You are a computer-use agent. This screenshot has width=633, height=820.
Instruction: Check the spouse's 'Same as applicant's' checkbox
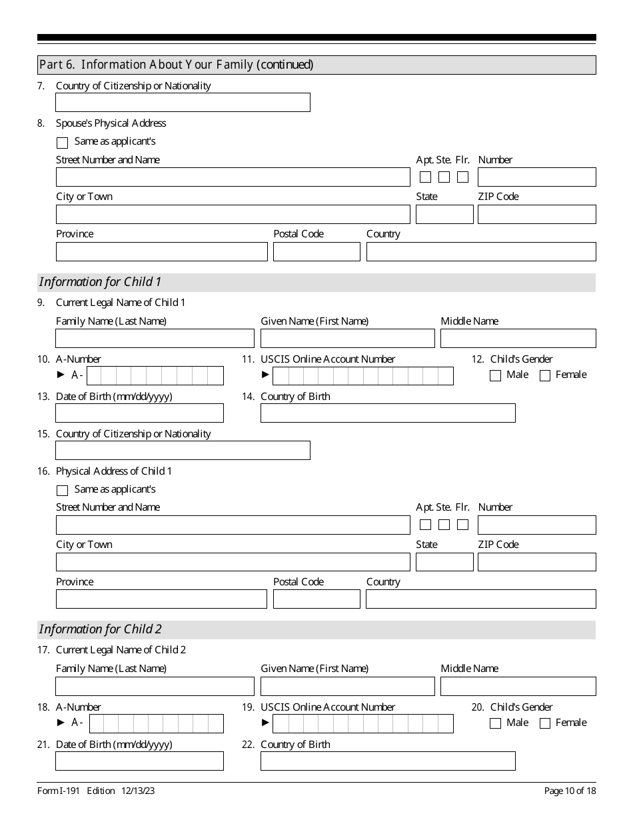63,143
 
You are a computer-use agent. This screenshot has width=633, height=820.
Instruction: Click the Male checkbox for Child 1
495,375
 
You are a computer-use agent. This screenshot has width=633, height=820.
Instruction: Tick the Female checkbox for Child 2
544,723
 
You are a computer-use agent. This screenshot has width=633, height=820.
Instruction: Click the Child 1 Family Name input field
155,338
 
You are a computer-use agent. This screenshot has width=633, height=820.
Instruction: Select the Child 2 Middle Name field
518,686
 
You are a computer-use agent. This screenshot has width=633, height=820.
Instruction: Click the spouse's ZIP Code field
536,214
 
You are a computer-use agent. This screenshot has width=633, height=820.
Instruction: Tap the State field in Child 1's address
444,562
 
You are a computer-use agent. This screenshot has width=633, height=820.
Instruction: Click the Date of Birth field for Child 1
139,413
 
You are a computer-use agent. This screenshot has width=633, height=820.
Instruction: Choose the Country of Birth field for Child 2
387,761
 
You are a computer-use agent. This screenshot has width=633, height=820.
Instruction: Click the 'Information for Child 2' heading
101,629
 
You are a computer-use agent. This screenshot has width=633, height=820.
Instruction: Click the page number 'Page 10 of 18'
570,791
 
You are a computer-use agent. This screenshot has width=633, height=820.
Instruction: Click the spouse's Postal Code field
316,251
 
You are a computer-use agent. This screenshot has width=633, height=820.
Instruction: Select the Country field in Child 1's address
480,599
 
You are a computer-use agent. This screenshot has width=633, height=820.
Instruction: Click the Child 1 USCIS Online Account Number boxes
362,376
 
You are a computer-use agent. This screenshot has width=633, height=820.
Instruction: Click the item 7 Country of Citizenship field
183,102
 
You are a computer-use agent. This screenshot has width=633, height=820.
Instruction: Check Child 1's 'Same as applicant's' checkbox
63,491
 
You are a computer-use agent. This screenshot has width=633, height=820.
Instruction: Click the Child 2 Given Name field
347,686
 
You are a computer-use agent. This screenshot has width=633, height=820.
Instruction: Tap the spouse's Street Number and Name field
233,177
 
